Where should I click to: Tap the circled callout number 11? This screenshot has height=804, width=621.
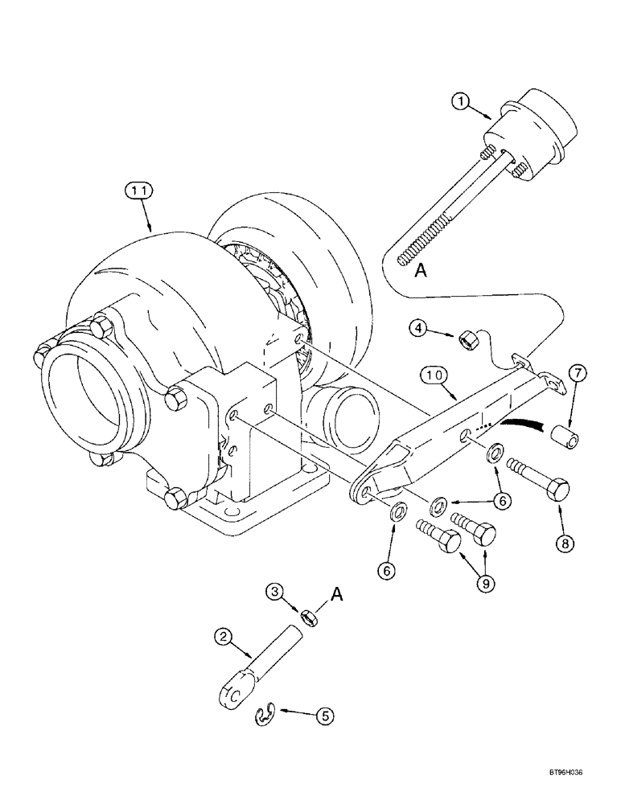[x=138, y=191]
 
